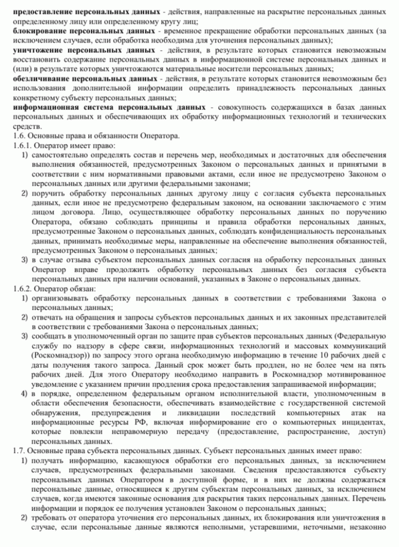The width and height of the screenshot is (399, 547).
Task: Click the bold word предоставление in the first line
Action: pos(42,11)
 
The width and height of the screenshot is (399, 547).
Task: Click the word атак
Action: pos(358,413)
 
